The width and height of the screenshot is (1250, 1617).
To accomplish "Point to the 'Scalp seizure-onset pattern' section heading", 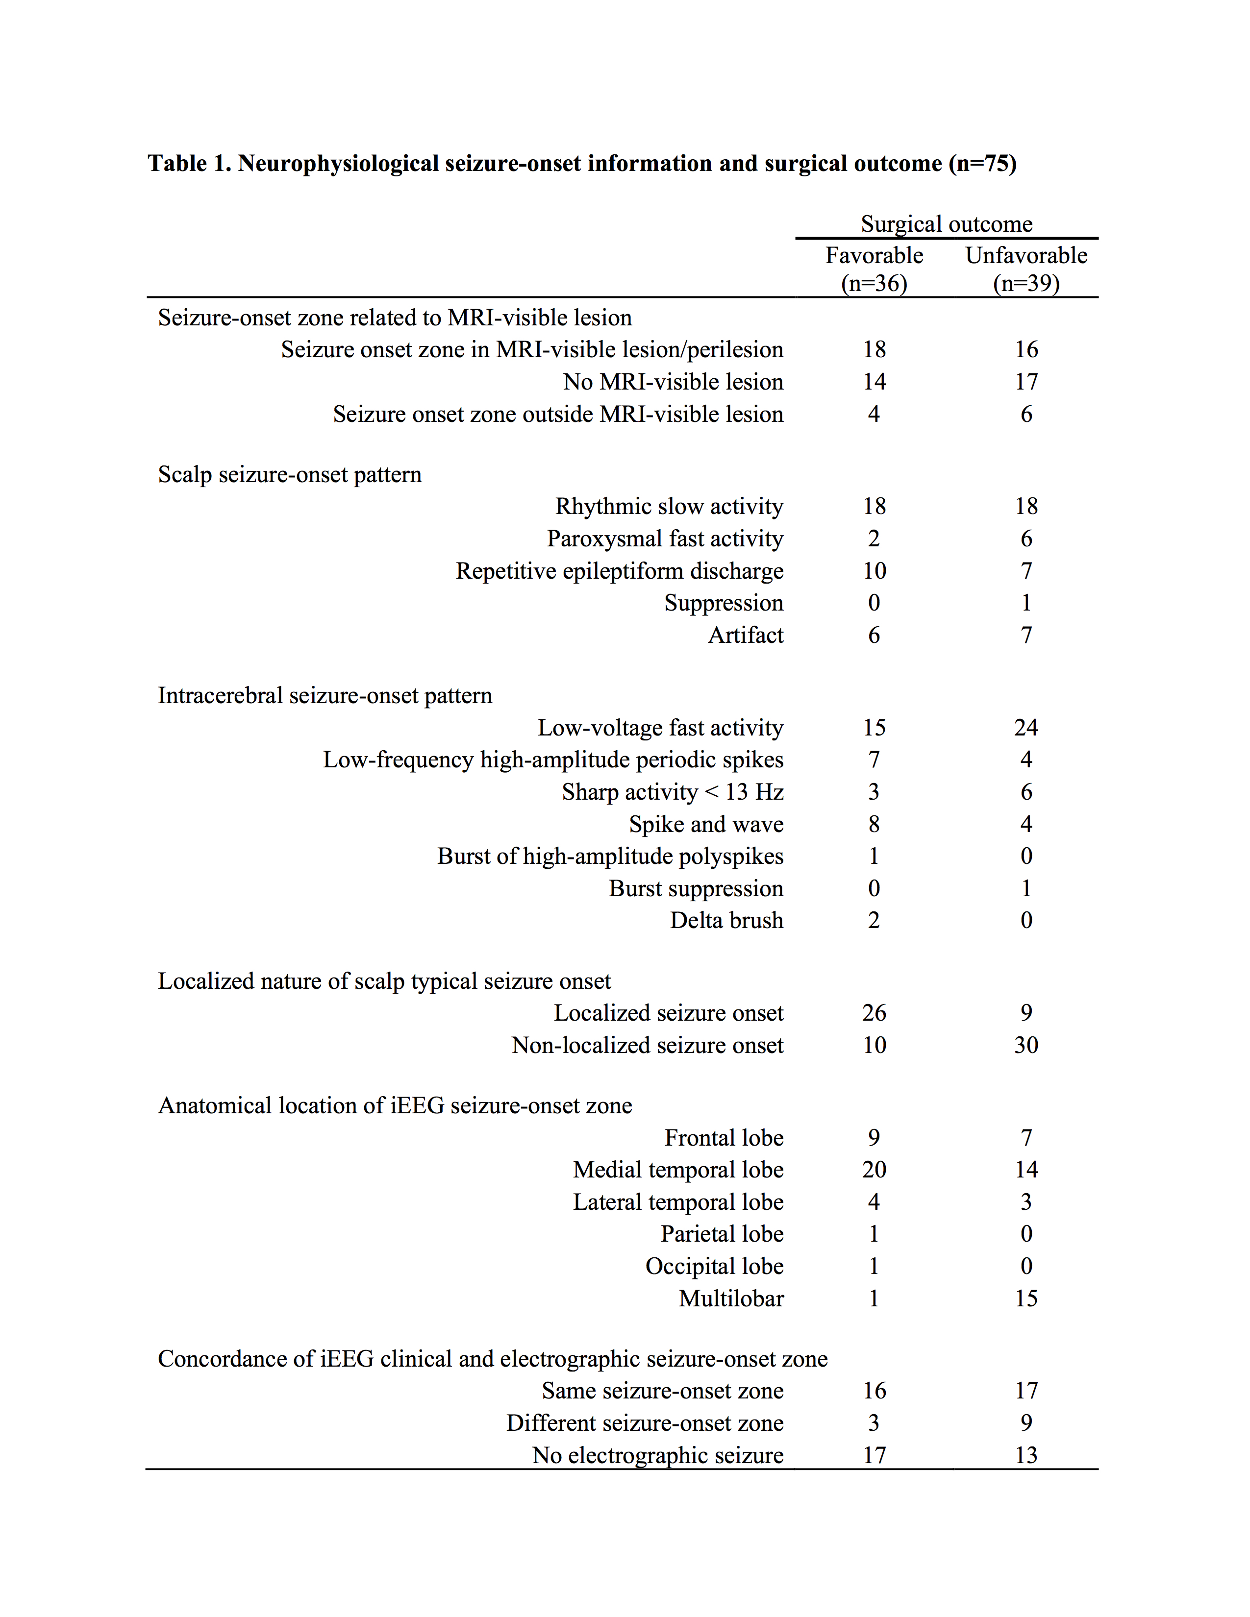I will pos(290,475).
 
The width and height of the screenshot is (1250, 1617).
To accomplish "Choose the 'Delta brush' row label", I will pos(726,920).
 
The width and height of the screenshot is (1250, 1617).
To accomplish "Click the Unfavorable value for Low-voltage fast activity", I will pos(1025,728).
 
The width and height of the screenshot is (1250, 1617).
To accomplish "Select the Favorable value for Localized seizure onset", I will pos(874,1013).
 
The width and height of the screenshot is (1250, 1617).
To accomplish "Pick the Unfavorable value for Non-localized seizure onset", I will pos(1025,1046).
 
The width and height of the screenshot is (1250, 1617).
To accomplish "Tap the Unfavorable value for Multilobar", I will pos(1025,1298).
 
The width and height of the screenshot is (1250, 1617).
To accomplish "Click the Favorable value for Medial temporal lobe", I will pos(874,1170).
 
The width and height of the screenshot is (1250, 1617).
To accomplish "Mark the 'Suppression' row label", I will pos(724,603).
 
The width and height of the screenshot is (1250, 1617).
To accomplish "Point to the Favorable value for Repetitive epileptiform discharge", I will pos(874,571).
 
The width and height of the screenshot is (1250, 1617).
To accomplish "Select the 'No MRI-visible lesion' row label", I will pos(673,382).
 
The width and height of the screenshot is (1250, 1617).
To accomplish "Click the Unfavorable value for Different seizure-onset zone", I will pos(1025,1423).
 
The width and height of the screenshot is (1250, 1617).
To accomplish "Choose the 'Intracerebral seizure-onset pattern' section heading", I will pos(325,696).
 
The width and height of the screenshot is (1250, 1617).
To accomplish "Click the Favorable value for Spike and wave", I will pos(874,824).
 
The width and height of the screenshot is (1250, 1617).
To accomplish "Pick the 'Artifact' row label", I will pos(745,635).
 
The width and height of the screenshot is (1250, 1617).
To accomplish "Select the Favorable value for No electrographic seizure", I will pos(874,1456).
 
